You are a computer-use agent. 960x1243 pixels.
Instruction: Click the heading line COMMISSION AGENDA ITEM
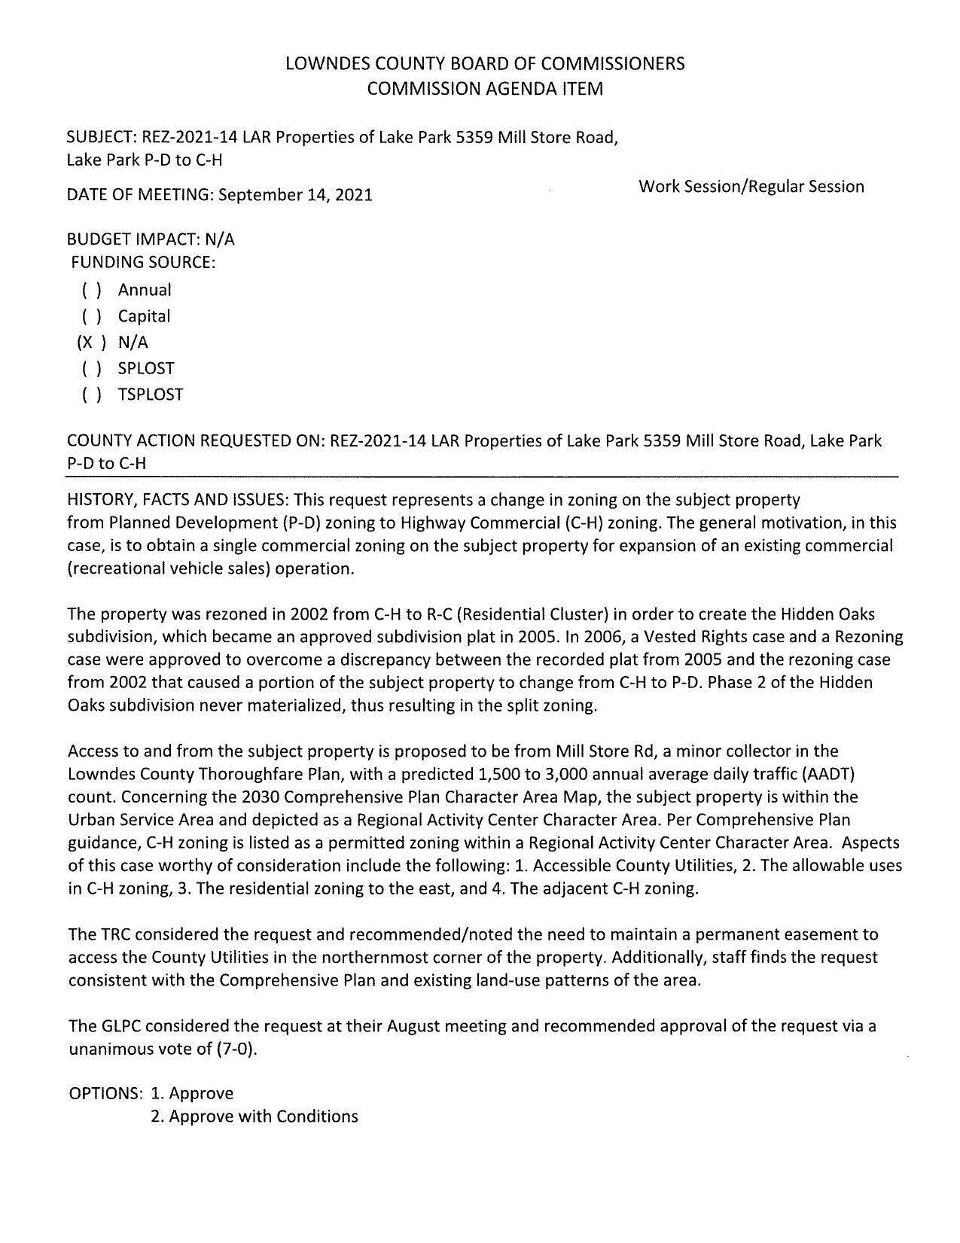point(485,89)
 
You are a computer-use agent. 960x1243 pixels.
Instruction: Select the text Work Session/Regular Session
point(751,186)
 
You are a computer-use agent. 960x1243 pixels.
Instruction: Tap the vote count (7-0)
point(236,1049)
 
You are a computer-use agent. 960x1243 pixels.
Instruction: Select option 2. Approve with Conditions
point(254,1116)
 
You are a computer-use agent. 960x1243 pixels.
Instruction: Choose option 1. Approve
point(192,1093)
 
